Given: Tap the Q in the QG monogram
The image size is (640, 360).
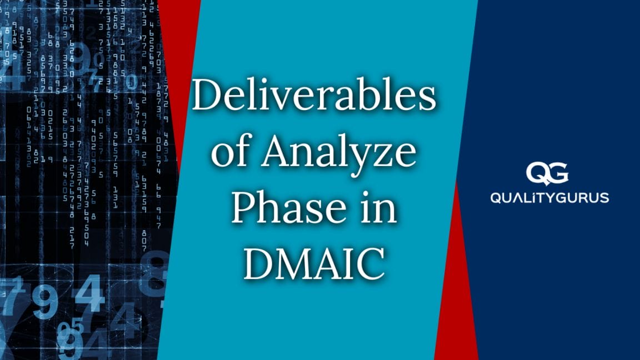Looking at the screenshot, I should [x=538, y=173].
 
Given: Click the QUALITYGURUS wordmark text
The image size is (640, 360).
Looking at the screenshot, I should [x=549, y=198].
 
